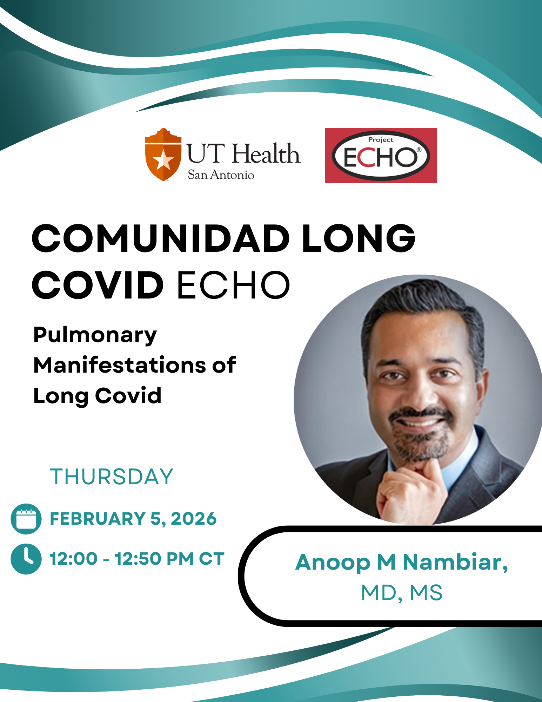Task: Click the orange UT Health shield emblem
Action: point(163,155)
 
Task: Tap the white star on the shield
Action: point(163,160)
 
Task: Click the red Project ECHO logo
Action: point(381,156)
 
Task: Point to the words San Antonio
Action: point(221,175)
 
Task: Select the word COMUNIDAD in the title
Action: point(161,238)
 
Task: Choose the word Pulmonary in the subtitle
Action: point(95,336)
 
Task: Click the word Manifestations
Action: point(119,365)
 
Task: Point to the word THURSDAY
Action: point(112,477)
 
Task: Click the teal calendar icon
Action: point(26,519)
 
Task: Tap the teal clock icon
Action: point(26,559)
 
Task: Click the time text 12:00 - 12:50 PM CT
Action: point(137,559)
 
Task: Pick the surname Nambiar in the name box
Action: point(455,562)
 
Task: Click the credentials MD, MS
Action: point(402,593)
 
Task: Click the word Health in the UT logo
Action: point(267,154)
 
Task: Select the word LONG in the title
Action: point(359,238)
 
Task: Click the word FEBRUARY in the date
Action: point(98,519)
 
